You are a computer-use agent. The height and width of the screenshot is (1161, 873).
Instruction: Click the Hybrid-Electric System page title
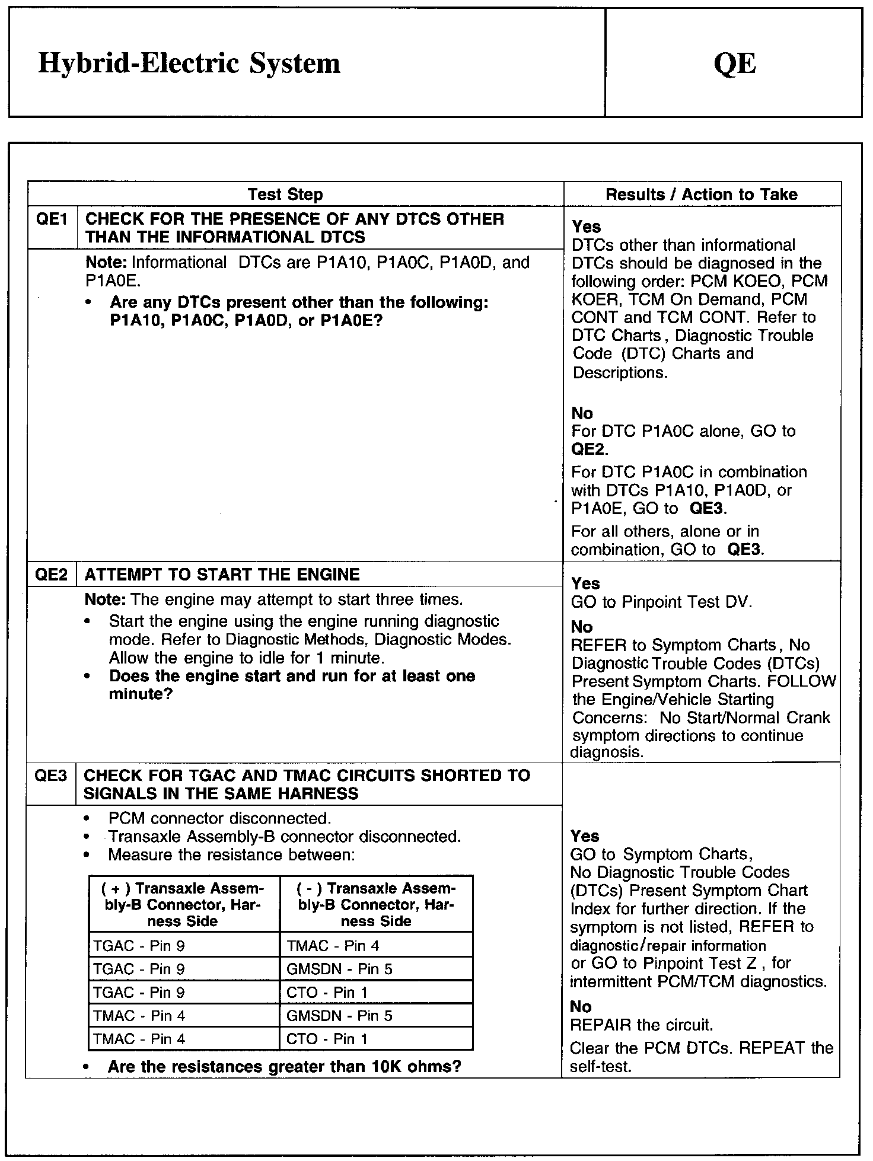tap(189, 63)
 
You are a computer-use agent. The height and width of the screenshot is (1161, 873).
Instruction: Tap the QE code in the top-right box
tap(735, 63)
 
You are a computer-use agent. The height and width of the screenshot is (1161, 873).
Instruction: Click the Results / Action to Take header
tap(701, 194)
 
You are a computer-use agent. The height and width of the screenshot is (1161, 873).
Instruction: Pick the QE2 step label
tap(52, 575)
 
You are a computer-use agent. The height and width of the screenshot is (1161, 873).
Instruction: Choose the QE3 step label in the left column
tap(51, 776)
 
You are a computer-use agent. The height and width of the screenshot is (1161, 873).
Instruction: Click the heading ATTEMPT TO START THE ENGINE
tap(222, 575)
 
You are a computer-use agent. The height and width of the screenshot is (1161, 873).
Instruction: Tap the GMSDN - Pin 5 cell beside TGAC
tap(339, 969)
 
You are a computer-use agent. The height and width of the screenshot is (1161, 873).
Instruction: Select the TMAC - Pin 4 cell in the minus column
tap(333, 946)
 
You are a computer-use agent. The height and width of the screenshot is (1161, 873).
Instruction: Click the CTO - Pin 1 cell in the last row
tap(327, 1039)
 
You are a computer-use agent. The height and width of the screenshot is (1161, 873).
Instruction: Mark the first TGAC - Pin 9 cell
tap(139, 946)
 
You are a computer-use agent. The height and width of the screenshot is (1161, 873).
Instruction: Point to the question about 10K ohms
tap(285, 1067)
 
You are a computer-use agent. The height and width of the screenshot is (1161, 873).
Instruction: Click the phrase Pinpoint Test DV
tap(686, 602)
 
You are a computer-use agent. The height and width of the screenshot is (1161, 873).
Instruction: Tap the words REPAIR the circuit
tap(641, 1025)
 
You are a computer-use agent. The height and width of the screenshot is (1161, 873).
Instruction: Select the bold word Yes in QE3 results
tap(585, 836)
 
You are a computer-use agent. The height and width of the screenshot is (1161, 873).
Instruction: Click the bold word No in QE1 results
tap(582, 413)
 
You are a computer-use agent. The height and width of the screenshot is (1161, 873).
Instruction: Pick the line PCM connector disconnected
tap(219, 818)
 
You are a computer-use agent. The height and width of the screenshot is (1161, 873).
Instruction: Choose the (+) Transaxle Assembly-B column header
tap(183, 905)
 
